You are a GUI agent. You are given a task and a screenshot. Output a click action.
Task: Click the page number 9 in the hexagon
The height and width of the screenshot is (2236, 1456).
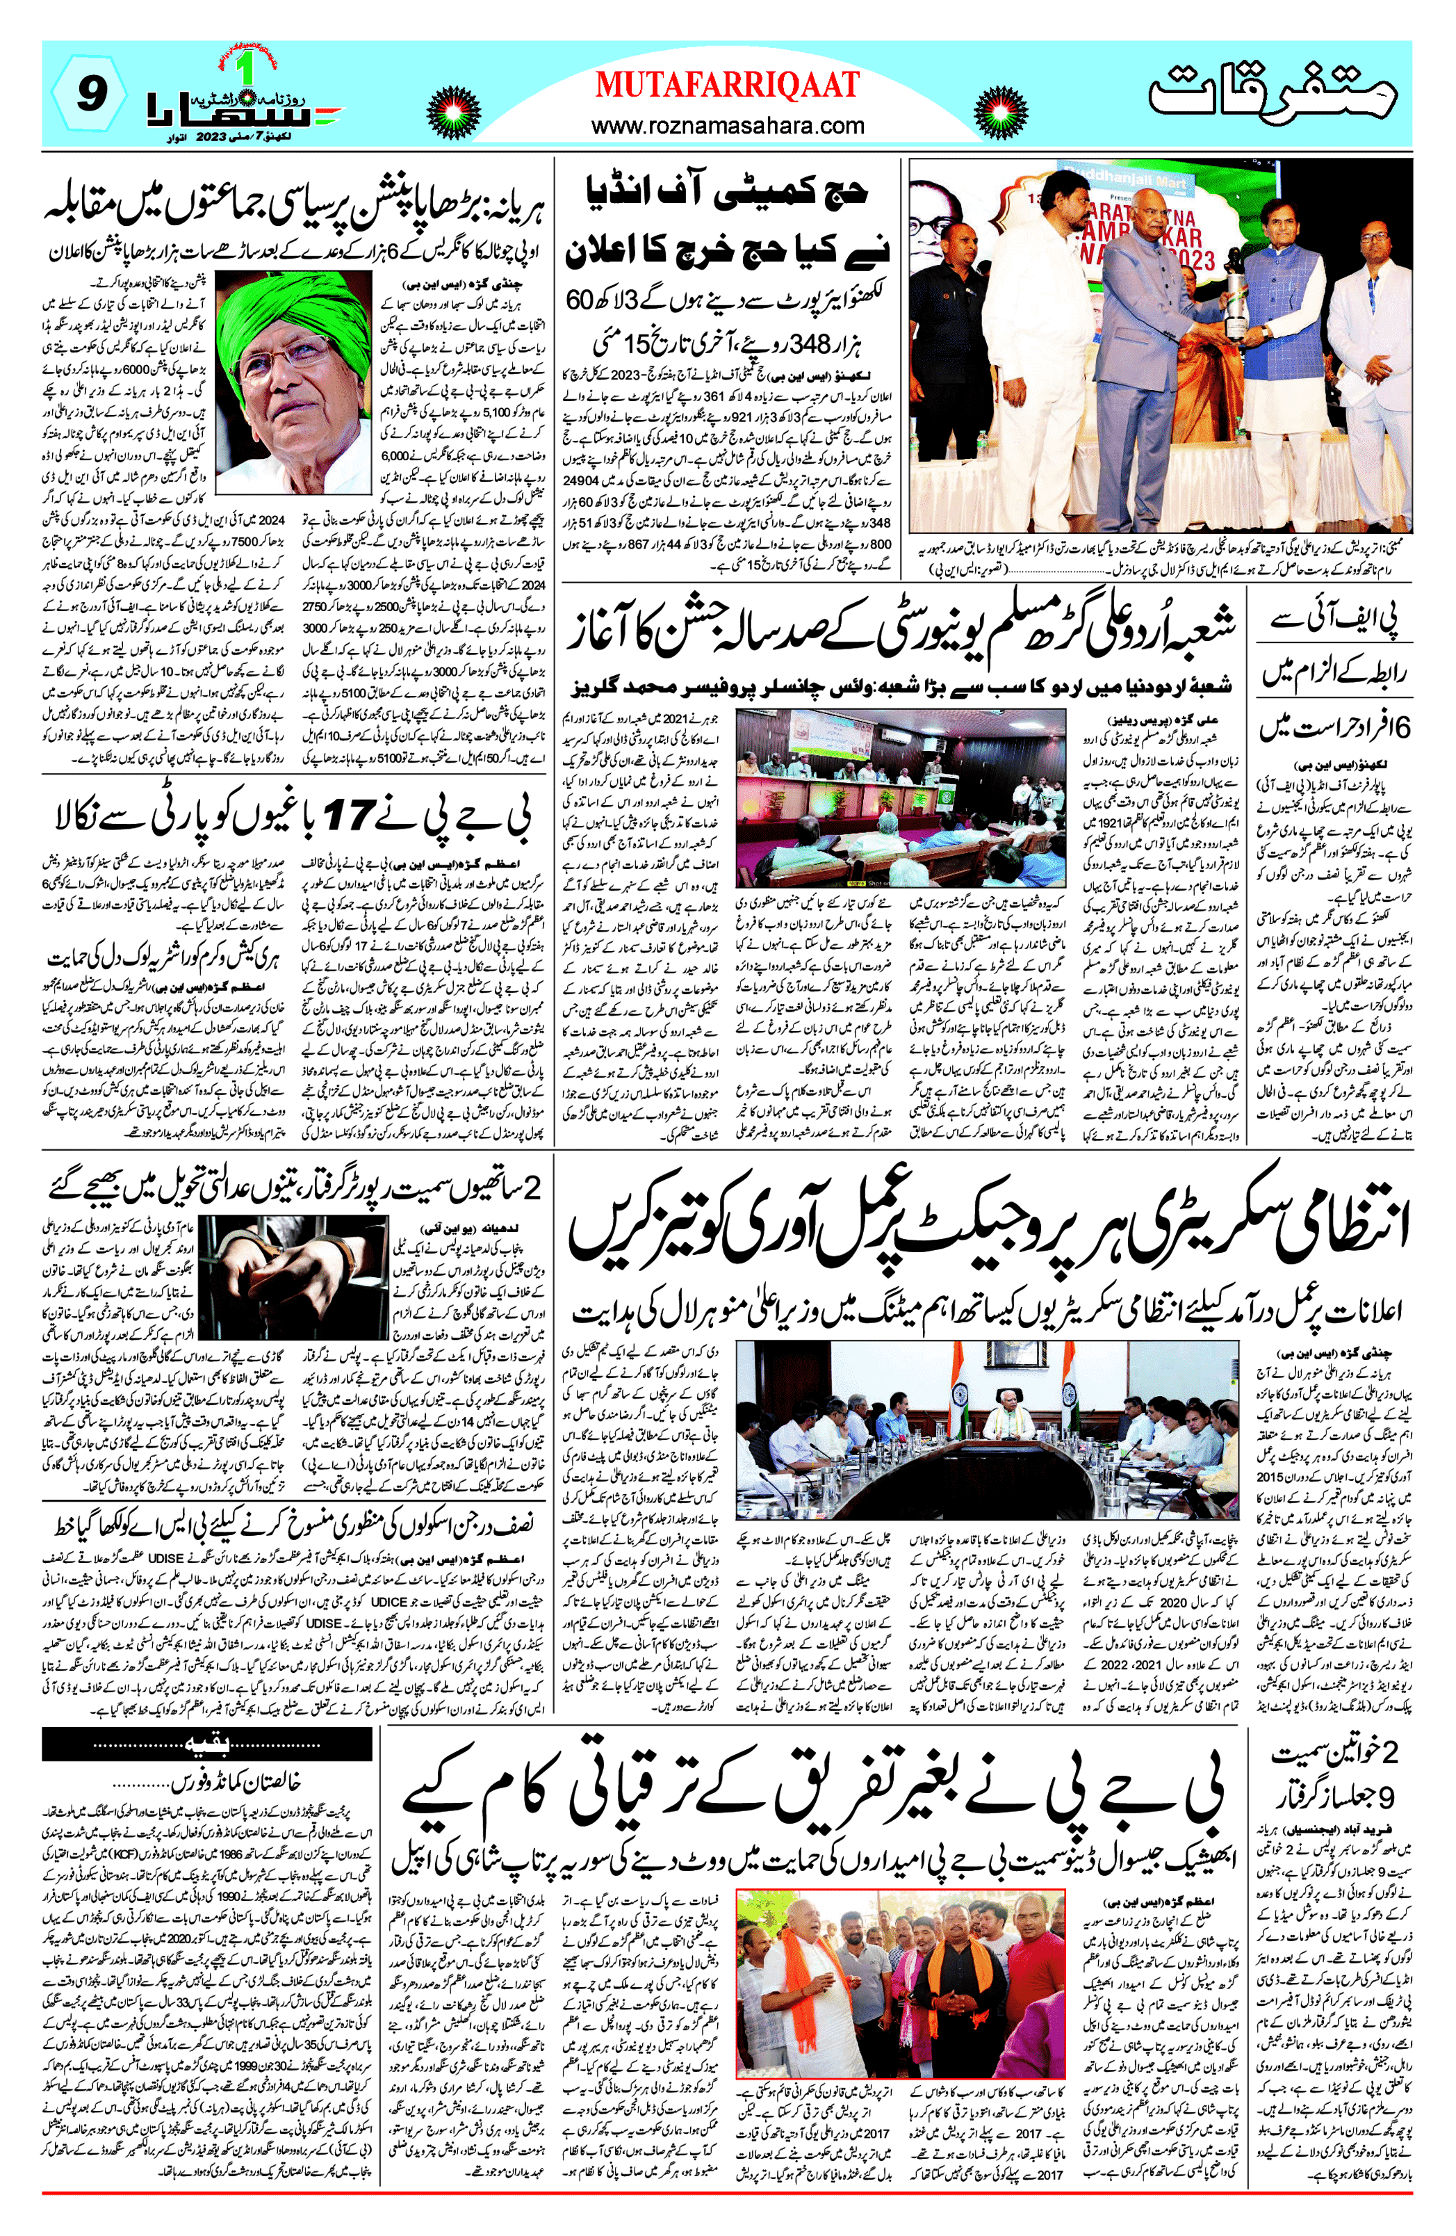[x=88, y=94]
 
